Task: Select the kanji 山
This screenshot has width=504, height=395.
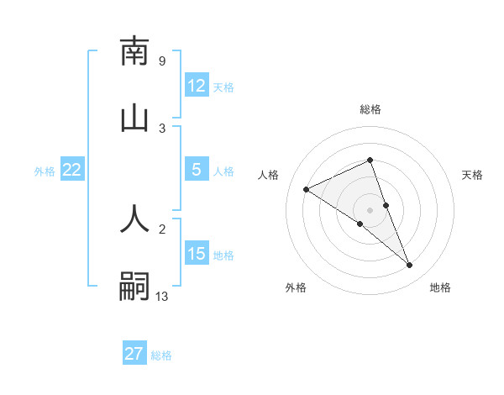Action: point(134,118)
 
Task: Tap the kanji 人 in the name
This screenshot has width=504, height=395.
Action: point(134,218)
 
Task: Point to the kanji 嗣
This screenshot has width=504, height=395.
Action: point(134,286)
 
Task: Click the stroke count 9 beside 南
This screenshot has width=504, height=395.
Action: point(161,61)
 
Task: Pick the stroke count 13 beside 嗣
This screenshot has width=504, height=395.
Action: point(162,296)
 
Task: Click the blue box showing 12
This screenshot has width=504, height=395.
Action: point(197,86)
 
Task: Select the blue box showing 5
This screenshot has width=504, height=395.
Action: point(197,170)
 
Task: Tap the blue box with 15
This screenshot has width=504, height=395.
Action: point(197,254)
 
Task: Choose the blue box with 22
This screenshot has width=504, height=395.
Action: point(72,170)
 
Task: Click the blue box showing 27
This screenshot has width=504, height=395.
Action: point(134,354)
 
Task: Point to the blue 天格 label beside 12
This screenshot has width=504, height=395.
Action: point(223,87)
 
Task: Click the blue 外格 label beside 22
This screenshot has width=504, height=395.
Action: point(45,171)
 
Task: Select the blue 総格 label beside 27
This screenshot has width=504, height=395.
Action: point(161,355)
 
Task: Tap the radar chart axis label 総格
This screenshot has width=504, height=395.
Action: point(370,109)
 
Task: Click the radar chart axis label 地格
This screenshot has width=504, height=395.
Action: point(440,287)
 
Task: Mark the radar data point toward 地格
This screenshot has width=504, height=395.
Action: point(410,266)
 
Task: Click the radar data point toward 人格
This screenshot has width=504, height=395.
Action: point(307,189)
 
